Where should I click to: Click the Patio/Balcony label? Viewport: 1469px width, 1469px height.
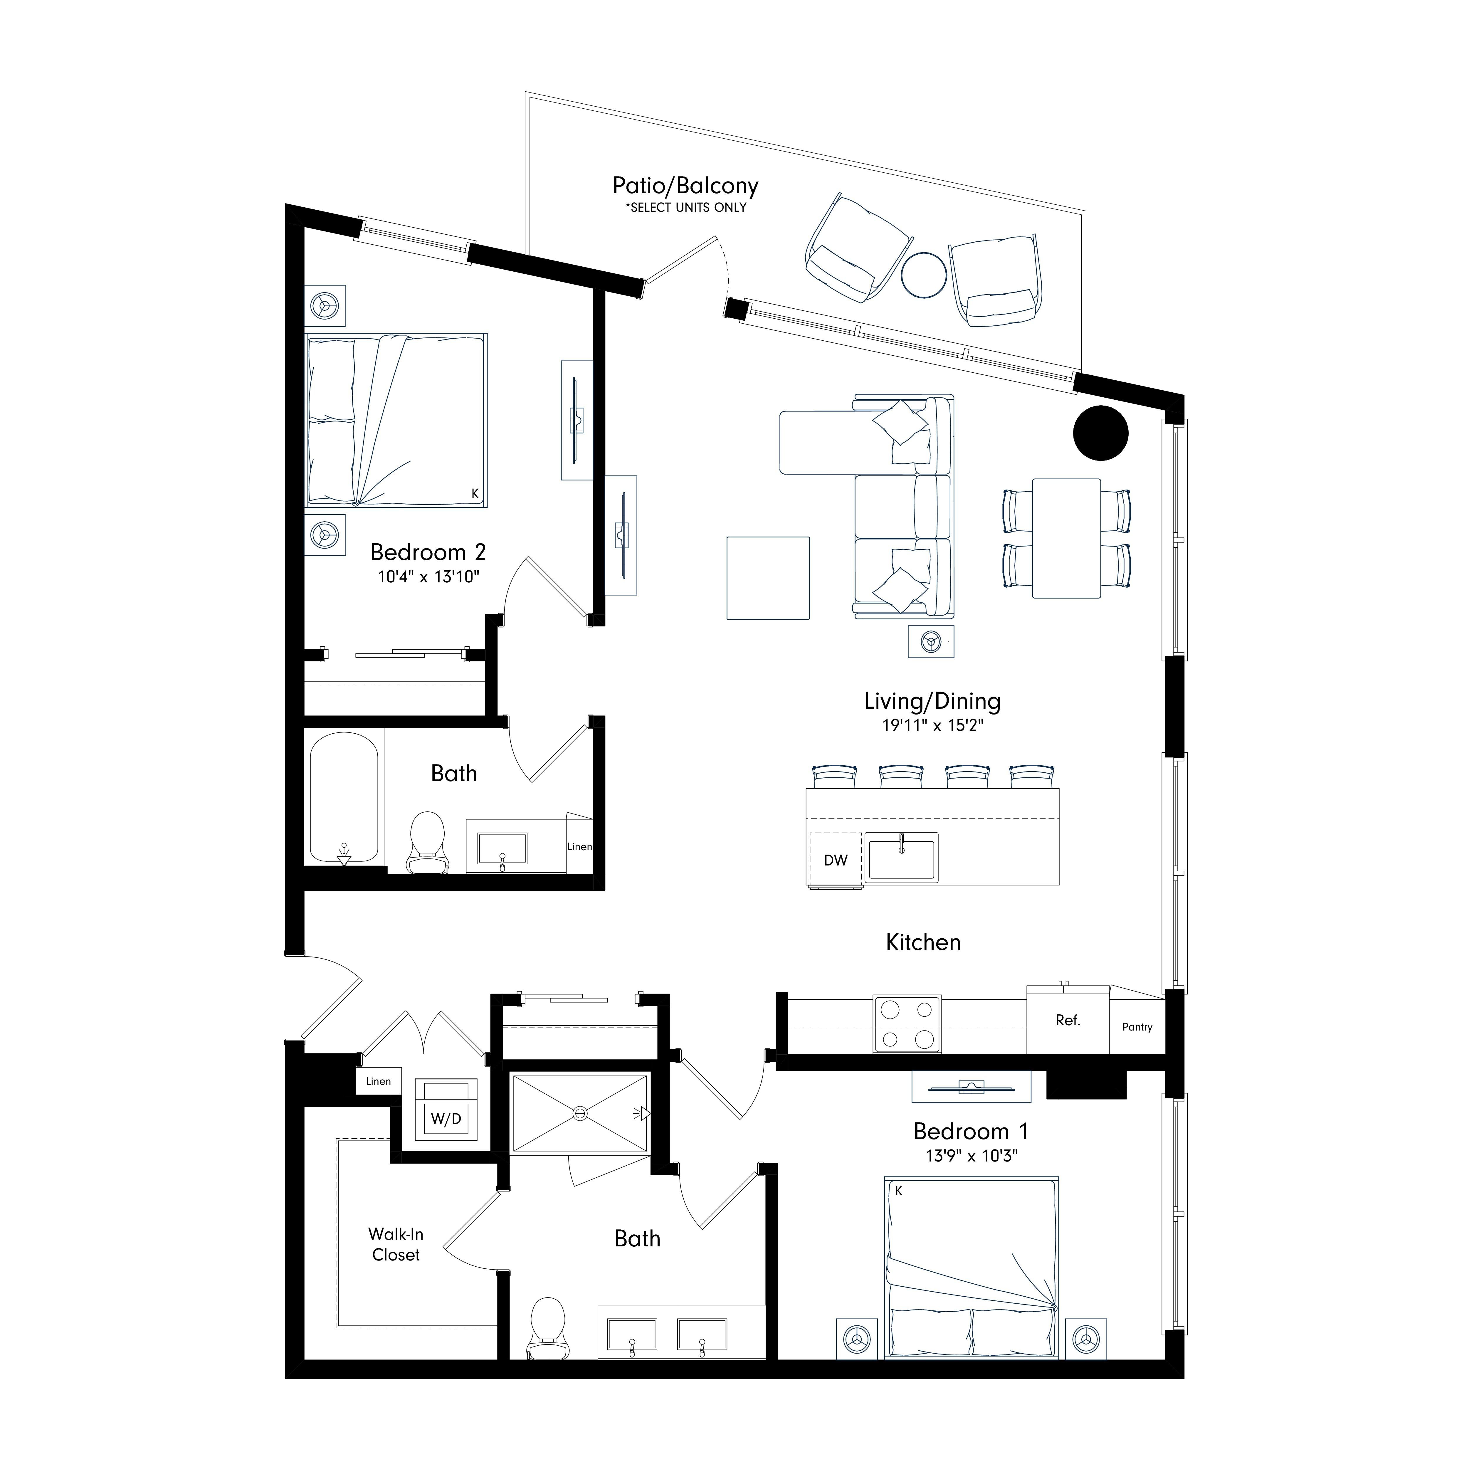point(685,186)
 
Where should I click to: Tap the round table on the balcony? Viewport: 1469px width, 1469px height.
point(924,274)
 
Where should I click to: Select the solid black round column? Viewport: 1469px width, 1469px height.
point(1100,433)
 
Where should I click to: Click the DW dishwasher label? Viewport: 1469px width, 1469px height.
point(836,860)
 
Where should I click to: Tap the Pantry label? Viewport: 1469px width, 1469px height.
point(1137,1026)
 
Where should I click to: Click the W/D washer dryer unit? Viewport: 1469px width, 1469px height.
point(446,1118)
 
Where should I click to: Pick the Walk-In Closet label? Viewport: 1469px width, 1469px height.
point(395,1245)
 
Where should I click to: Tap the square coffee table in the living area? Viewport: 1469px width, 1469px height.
point(768,578)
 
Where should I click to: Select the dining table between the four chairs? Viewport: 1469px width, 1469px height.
point(1066,538)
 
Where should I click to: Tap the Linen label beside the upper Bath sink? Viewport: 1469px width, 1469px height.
point(579,846)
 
